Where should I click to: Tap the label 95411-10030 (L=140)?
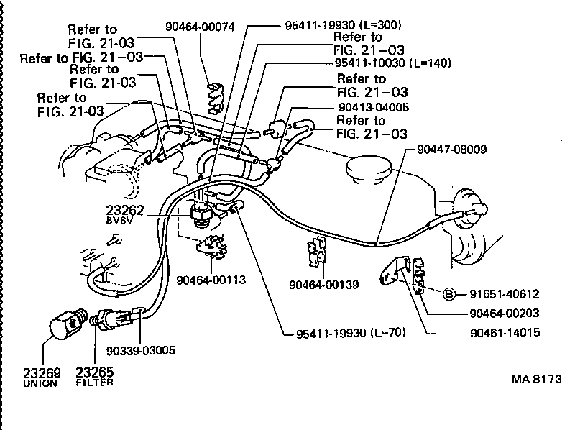tap(394, 63)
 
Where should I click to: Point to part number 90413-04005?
tap(373, 106)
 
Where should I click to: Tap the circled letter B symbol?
tap(448, 293)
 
